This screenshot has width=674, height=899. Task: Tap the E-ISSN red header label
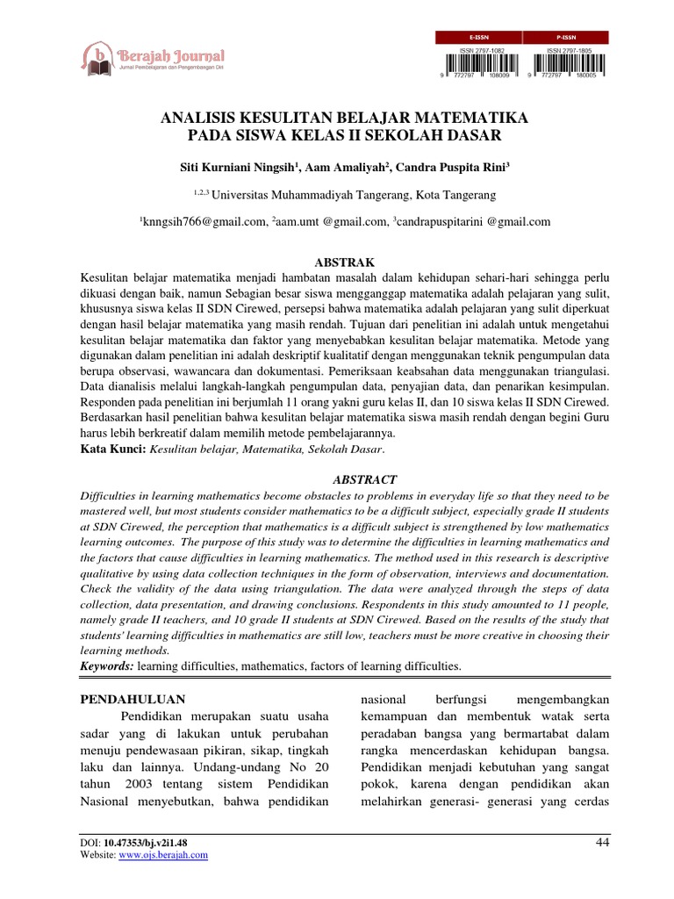point(478,38)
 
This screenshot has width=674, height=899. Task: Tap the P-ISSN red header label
point(566,38)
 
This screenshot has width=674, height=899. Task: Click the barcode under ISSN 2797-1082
point(479,64)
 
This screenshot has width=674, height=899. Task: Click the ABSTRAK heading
point(338,263)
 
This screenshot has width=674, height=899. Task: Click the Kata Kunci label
point(112,449)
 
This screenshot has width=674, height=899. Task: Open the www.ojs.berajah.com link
point(164,855)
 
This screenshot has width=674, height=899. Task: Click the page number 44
point(601,844)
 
